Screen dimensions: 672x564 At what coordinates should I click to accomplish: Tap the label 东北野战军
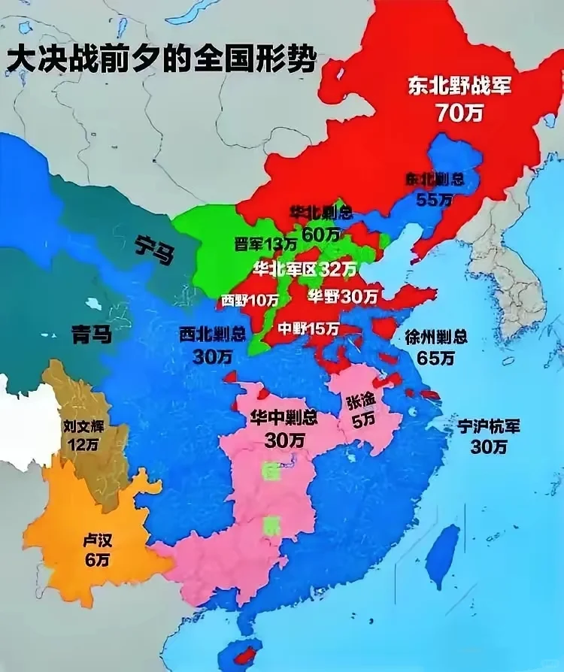(x=459, y=85)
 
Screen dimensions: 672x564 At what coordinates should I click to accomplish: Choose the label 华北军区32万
(x=305, y=268)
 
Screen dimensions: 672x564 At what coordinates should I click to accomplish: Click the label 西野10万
(x=250, y=300)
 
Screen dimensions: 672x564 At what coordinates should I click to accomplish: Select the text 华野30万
(x=342, y=296)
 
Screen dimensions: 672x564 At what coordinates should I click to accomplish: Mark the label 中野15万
(x=308, y=328)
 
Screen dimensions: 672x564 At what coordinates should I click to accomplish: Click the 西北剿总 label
(x=212, y=334)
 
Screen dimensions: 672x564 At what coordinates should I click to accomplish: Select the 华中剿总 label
(x=284, y=417)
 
